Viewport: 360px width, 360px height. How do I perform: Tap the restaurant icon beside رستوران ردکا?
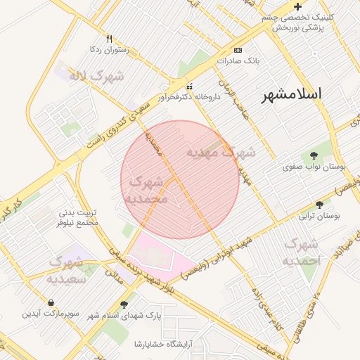[108, 38]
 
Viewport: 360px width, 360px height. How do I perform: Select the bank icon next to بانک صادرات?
[238, 50]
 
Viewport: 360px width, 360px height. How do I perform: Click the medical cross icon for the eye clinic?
[297, 6]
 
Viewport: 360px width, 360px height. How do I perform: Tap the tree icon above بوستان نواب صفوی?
[314, 155]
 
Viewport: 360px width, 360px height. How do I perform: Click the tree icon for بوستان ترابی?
[320, 205]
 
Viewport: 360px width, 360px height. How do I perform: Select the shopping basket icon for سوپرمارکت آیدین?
[51, 302]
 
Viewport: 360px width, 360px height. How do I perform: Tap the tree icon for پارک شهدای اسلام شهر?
[124, 304]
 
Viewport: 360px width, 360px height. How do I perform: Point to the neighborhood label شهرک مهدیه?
[221, 151]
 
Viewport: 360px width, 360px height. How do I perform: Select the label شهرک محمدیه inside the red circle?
[146, 190]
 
